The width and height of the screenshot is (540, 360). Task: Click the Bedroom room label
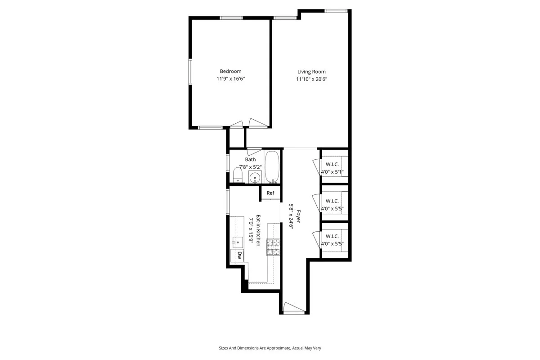[x=230, y=71]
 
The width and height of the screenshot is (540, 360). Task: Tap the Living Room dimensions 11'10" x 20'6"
[x=311, y=80]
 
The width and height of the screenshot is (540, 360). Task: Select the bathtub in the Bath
[x=272, y=167]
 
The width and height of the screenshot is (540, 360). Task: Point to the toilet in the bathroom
[x=238, y=175]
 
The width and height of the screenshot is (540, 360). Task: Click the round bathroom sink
[x=255, y=177]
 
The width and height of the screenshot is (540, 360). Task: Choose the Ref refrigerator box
[x=270, y=193]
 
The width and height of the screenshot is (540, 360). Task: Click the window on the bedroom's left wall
[x=190, y=72]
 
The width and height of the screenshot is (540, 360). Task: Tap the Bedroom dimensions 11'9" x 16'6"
[x=230, y=79]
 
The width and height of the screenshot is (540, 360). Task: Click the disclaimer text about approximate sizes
[x=270, y=348]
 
